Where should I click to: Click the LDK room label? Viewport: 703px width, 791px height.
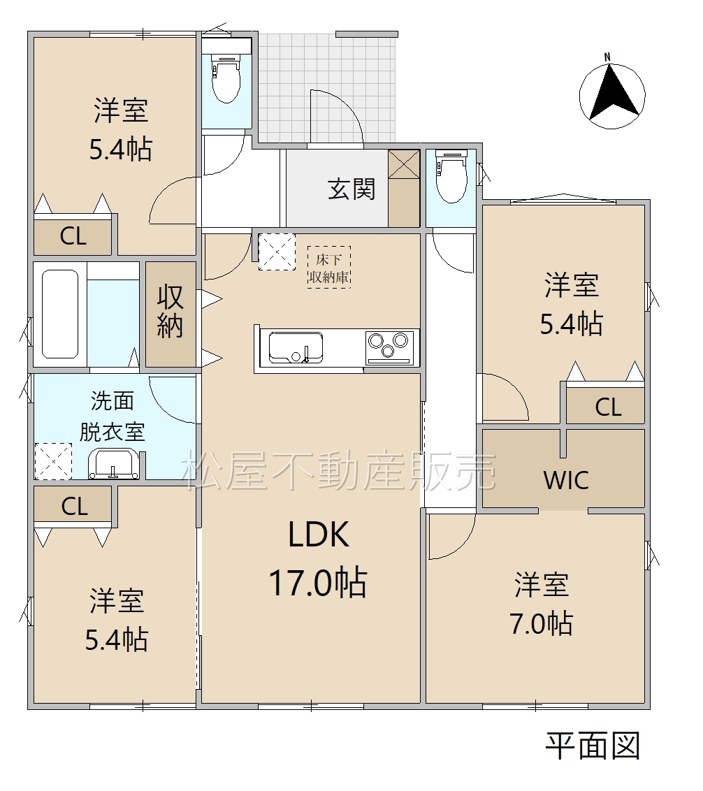pos(319,535)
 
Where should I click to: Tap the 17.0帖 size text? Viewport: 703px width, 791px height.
pos(319,582)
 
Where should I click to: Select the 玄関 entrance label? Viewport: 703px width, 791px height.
pos(351,189)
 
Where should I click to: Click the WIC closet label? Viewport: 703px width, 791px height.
pos(566,480)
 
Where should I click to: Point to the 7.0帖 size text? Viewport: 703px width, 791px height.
pos(542,623)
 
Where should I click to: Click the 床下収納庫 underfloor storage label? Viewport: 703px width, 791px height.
pos(329,268)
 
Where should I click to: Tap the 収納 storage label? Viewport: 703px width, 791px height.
pos(170,311)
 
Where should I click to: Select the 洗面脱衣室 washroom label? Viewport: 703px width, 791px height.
pos(112,416)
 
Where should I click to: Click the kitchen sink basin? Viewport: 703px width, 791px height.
pos(296,347)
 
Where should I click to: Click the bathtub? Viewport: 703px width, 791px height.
pos(60,314)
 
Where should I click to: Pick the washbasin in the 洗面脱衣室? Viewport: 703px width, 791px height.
pos(113,463)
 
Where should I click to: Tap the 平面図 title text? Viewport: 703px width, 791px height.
pos(593,746)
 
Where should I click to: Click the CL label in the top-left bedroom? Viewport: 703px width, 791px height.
pos(73,236)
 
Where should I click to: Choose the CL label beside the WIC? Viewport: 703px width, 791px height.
pos(608,407)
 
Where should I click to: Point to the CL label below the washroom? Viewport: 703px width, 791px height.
pos(75,506)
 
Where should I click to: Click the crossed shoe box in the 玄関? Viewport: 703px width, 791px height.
pos(404,164)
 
